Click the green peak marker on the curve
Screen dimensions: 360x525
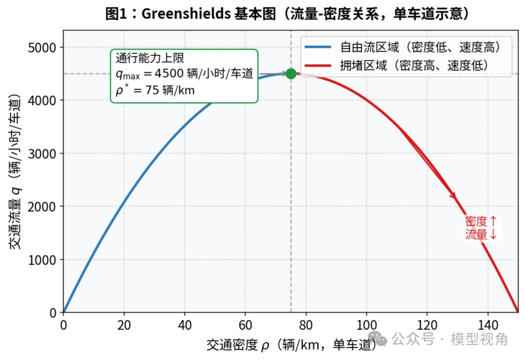click(291, 74)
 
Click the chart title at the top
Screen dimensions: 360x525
click(288, 14)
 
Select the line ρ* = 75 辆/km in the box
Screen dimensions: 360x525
click(155, 91)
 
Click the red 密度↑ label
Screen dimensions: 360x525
click(481, 221)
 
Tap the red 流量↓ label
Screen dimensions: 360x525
click(481, 234)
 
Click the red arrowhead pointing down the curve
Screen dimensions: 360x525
click(454, 196)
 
